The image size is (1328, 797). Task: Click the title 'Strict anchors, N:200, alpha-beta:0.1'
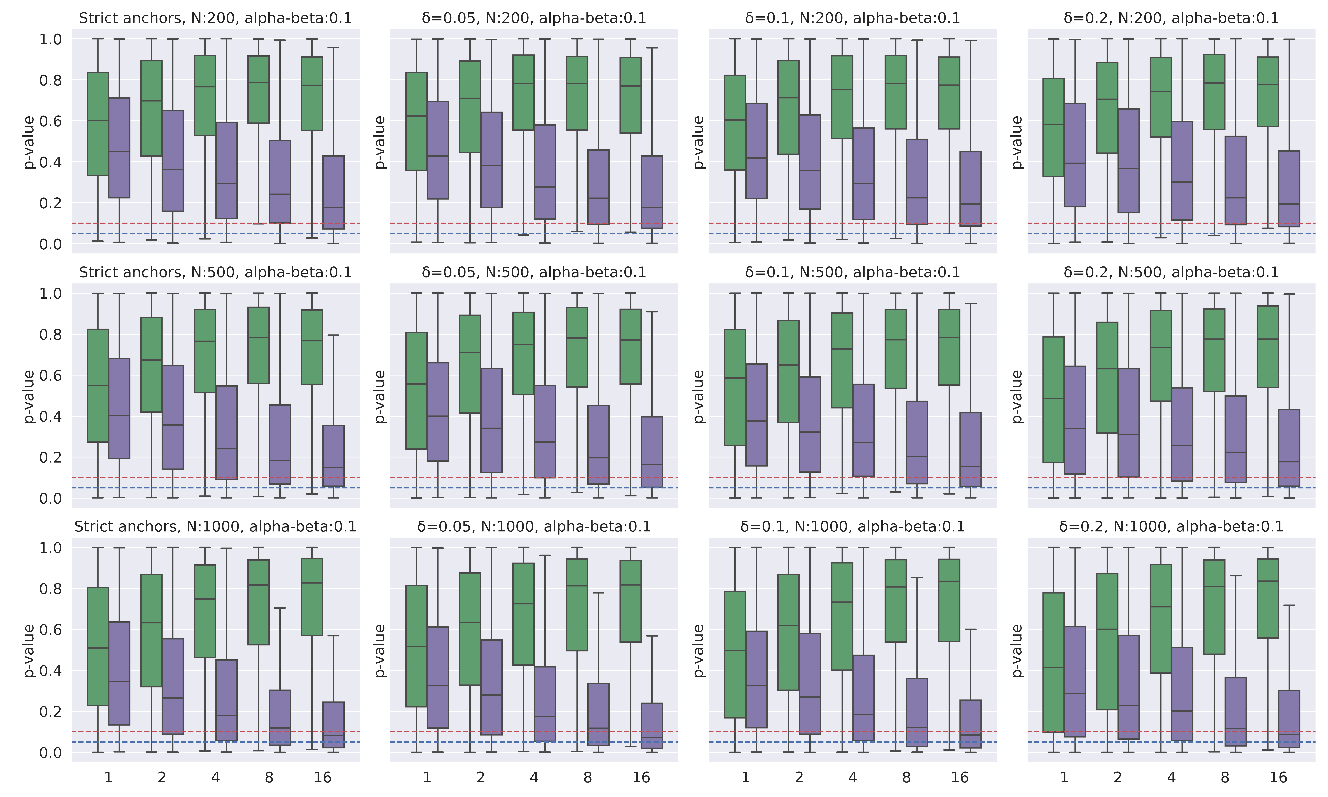pos(215,18)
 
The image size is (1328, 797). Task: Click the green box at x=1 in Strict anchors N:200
pos(98,124)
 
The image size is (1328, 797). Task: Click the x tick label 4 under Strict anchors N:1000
pos(215,778)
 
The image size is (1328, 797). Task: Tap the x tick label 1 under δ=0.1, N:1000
pos(746,778)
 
